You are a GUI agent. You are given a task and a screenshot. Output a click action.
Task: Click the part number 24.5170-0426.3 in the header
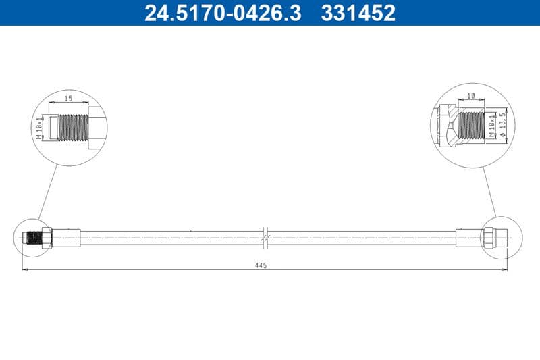pyautogui.click(x=222, y=13)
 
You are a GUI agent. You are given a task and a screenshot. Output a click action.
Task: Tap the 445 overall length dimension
pyautogui.click(x=261, y=265)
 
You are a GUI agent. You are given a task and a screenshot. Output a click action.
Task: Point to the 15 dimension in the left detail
pyautogui.click(x=68, y=99)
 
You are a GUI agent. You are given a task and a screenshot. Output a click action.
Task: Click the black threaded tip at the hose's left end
pyautogui.click(x=31, y=237)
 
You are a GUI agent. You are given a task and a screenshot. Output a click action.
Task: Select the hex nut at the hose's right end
pyautogui.click(x=487, y=237)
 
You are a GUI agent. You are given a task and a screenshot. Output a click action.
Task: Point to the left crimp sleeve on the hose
pyautogui.click(x=67, y=237)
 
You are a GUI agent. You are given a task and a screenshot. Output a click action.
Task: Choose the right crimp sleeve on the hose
pyautogui.click(x=468, y=237)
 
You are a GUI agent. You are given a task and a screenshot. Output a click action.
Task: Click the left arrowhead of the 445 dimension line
pyautogui.click(x=26, y=269)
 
